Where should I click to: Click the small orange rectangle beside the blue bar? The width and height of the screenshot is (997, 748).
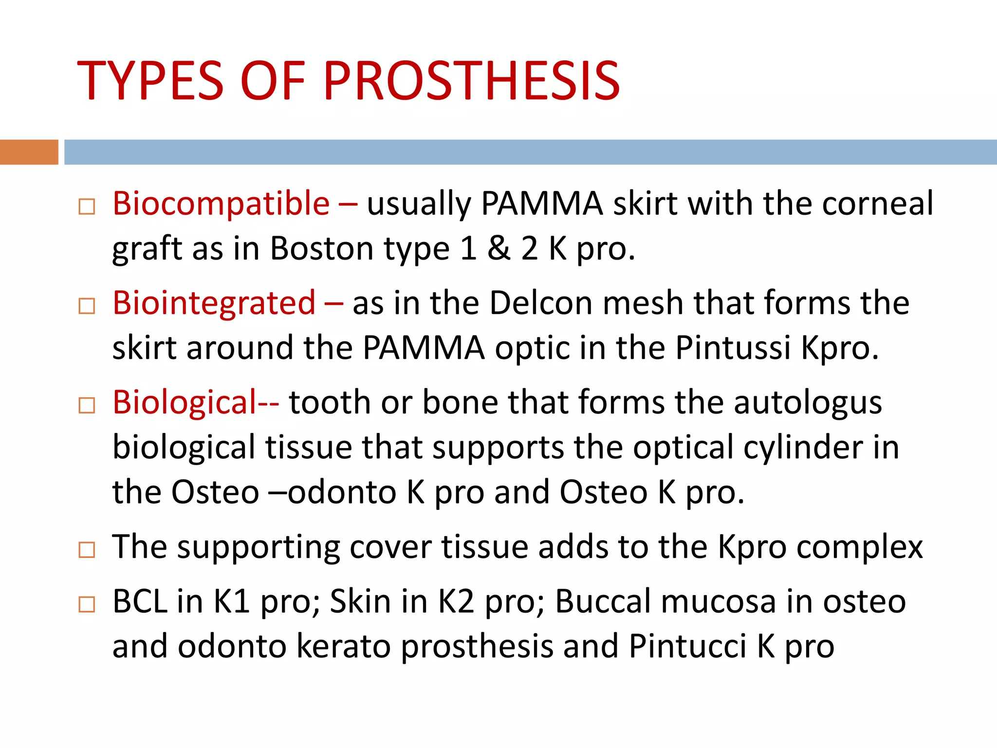click(29, 152)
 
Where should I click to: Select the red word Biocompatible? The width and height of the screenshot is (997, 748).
click(221, 203)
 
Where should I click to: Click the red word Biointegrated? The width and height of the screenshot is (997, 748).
click(214, 303)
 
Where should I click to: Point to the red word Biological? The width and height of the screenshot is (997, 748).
click(185, 403)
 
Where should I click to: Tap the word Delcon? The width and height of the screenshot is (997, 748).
click(540, 303)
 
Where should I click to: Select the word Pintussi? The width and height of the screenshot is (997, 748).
click(733, 348)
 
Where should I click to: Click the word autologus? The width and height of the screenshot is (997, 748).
click(808, 403)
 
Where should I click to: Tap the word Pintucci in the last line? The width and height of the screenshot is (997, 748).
click(687, 647)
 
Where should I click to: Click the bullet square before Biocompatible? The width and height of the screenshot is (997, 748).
click(87, 206)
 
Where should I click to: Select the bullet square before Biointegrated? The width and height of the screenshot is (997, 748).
click(87, 306)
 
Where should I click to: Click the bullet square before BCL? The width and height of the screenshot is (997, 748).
click(87, 605)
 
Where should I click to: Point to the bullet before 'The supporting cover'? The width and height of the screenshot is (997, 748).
click(87, 550)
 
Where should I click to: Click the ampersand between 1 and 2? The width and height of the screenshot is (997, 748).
click(498, 248)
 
